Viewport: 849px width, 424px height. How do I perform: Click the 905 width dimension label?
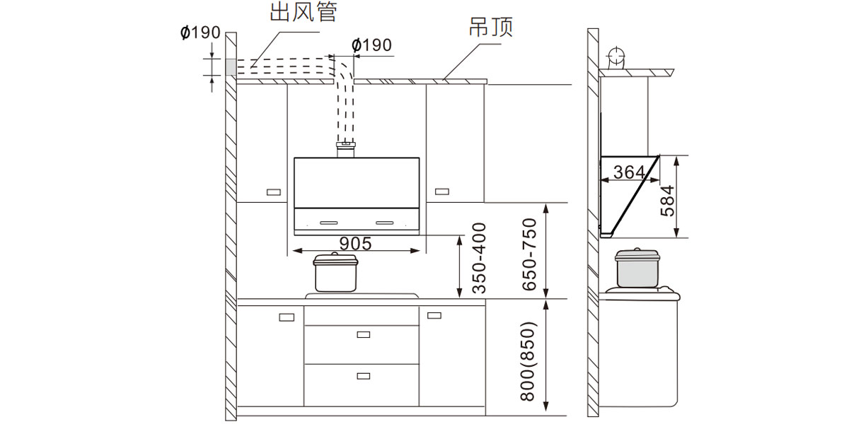point(355,244)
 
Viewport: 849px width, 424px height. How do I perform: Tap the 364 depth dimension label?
point(629,172)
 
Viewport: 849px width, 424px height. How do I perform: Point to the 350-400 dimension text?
point(479,258)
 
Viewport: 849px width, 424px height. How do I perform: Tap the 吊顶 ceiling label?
point(490,28)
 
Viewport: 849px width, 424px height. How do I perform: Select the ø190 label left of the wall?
point(200,33)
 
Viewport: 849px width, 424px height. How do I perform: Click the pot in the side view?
point(637,268)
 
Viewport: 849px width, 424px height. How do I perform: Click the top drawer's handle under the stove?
point(364,334)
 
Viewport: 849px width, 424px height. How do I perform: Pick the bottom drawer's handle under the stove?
point(364,375)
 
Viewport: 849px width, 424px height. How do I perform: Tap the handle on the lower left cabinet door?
point(287,317)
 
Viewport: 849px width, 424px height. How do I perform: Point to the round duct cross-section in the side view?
point(616,56)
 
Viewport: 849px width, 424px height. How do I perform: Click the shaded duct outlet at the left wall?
point(231,66)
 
